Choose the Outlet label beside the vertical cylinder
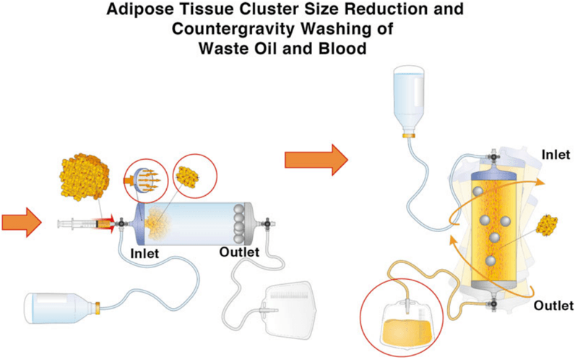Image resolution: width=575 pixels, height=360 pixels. point(553,306)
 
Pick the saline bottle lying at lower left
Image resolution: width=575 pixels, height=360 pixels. point(61,309)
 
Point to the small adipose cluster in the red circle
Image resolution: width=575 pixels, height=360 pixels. point(189,173)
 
